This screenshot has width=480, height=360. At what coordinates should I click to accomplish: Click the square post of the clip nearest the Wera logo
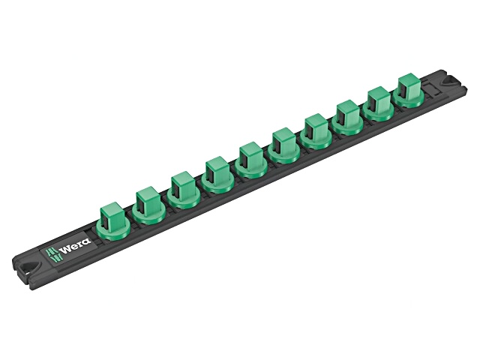[x=112, y=214]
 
